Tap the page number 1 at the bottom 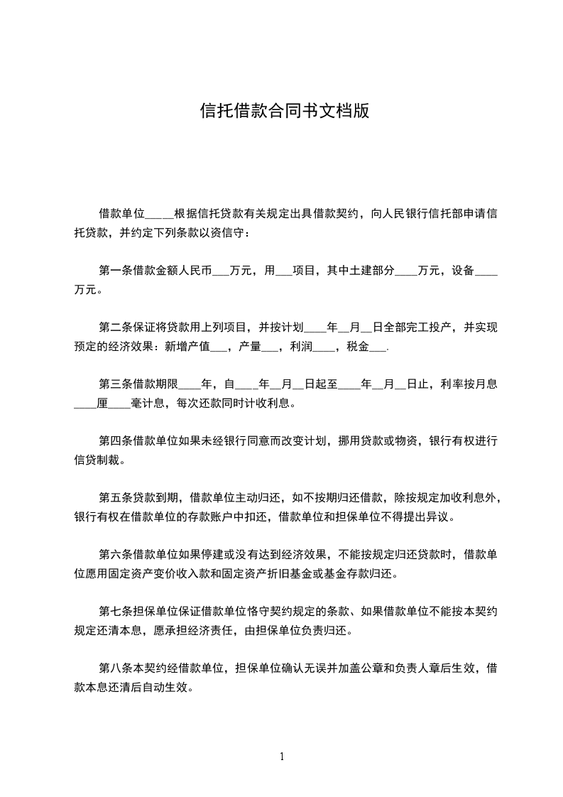point(282,757)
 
